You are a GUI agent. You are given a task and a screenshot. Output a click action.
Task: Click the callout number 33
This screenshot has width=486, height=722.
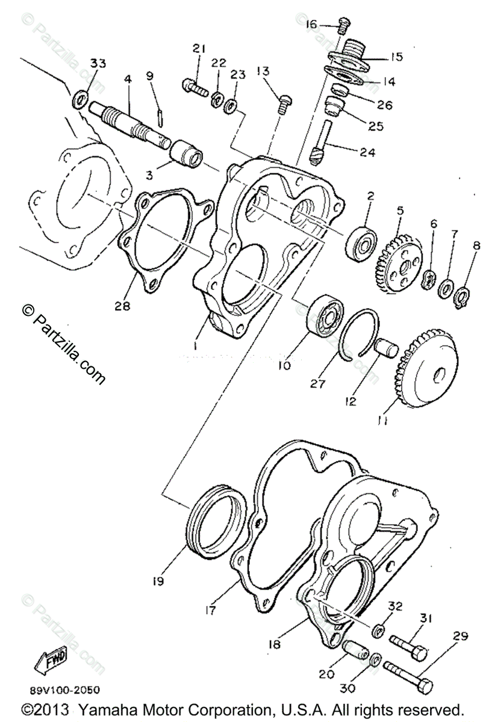[98, 64]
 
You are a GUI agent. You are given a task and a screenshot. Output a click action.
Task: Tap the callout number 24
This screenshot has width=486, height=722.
[367, 153]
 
